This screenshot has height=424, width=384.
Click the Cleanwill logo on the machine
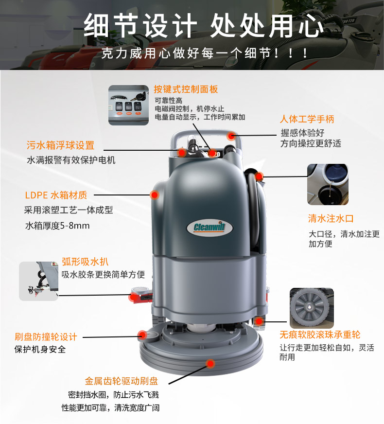[x=209, y=227]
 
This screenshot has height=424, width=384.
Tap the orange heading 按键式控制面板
[x=186, y=89]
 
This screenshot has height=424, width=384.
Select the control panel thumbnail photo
[x=129, y=105]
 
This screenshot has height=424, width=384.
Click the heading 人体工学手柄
[x=307, y=119]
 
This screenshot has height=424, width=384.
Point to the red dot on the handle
[x=231, y=136]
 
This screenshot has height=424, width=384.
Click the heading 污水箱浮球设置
[x=60, y=145]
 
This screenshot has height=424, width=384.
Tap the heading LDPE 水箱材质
[x=56, y=195]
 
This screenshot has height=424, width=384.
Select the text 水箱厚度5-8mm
[x=57, y=226]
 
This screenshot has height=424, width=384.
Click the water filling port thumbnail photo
[x=328, y=184]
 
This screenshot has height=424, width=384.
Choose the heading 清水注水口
[x=331, y=218]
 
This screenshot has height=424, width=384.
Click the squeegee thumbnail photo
[x=39, y=281]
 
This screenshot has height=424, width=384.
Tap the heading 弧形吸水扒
[x=85, y=262]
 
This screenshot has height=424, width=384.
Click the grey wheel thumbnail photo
[x=312, y=308]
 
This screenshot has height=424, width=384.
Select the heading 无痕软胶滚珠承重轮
[x=320, y=335]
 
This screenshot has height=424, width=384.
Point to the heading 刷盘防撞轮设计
[x=46, y=336]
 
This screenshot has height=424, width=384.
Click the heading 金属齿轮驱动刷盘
[x=122, y=381]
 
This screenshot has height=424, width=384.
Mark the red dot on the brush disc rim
[x=210, y=363]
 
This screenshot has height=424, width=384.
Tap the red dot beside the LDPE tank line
[x=155, y=194]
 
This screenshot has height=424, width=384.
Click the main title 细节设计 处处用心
[x=203, y=26]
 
